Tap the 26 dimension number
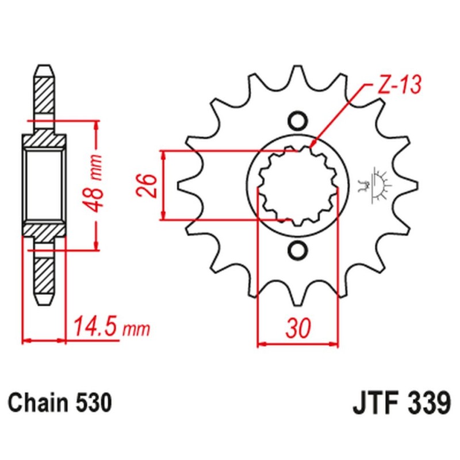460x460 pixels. (x=149, y=185)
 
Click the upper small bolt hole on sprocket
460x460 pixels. (x=297, y=121)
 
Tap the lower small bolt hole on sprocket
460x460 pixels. (x=297, y=250)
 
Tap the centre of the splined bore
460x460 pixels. (x=297, y=186)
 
